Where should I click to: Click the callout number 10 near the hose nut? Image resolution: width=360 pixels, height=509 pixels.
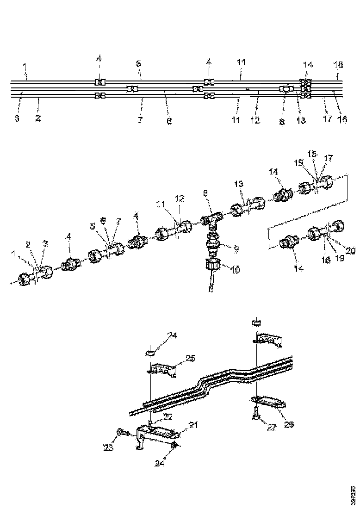236,269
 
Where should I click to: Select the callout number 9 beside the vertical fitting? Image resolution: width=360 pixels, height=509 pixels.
236,248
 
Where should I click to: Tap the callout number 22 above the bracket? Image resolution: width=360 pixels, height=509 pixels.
168,416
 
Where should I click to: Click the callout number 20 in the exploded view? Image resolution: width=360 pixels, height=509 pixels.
350,250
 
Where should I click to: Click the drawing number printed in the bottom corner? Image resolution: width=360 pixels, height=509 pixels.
354,495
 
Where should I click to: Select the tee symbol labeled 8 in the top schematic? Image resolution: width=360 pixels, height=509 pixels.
286,89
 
